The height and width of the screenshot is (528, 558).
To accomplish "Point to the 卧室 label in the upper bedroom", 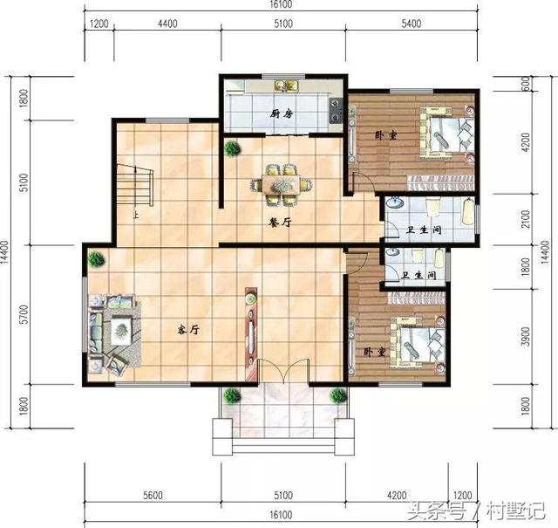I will tap(384, 135).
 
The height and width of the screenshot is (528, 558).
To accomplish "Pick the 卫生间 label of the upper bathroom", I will tap(424, 230).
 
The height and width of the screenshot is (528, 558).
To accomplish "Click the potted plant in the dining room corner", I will tap(233, 148).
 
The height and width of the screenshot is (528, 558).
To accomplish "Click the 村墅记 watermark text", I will tap(516, 509).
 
